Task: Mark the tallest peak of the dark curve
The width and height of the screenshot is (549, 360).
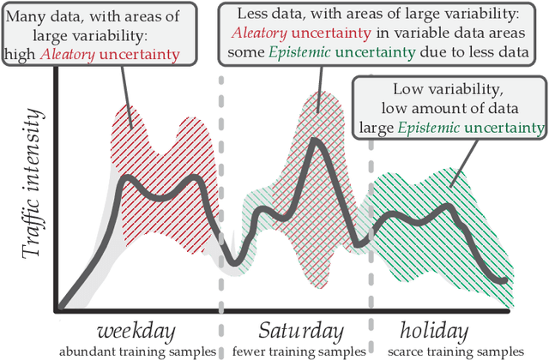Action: (316, 141)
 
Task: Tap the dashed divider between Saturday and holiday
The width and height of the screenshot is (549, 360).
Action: (371, 214)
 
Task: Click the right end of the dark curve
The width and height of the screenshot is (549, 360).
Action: (506, 279)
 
